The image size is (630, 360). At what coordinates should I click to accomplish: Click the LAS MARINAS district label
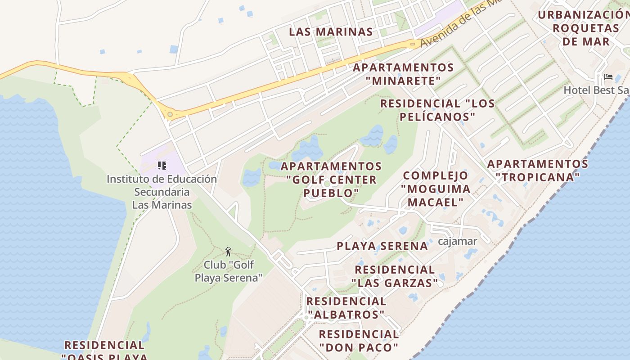point(331,32)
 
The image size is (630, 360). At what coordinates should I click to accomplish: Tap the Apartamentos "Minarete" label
point(403,74)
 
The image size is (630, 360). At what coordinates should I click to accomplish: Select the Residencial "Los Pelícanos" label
point(437,110)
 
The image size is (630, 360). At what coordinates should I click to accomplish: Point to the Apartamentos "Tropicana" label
point(538,170)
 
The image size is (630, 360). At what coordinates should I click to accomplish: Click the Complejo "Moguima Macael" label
point(436,189)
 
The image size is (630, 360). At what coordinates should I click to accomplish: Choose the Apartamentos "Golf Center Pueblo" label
point(332,180)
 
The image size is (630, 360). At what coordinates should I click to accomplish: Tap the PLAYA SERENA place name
point(382,246)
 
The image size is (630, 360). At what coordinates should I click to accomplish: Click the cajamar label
point(458,241)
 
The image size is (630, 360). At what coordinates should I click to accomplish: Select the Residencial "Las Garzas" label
point(395,276)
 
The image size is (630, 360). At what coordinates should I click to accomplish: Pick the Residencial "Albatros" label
point(346,307)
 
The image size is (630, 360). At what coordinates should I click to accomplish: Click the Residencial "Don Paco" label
point(359,341)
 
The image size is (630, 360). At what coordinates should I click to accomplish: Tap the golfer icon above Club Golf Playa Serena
point(228,252)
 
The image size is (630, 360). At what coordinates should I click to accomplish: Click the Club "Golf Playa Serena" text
point(228,271)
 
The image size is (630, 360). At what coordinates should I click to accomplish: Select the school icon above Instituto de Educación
point(162,166)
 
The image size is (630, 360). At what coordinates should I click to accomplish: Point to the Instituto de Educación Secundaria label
point(162,192)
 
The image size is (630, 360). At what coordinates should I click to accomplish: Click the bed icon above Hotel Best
point(608,77)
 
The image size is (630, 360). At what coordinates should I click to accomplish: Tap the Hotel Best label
point(596,90)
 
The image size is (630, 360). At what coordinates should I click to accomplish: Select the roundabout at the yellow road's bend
point(170,115)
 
